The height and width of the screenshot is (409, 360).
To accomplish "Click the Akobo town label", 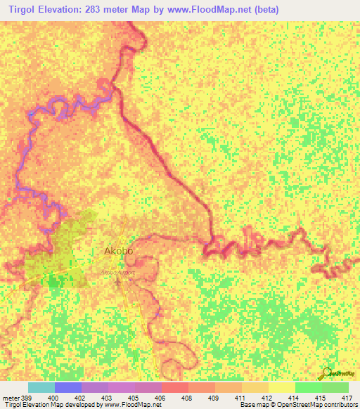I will tap(118, 250).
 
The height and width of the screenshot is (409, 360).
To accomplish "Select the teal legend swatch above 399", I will tap(41, 387).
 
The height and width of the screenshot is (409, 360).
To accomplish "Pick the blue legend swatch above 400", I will tap(67, 387).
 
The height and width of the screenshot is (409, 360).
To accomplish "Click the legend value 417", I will tap(347, 398).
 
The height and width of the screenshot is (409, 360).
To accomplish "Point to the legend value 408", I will tap(186, 398).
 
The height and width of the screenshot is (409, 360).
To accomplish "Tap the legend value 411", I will tap(239, 398).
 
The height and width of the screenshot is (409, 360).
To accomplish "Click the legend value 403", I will tap(105, 398).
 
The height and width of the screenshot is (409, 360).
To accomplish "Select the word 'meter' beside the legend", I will tap(11, 398).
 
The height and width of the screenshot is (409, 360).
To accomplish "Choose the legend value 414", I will tap(292, 398).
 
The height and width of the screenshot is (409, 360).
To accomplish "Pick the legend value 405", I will tap(132, 398).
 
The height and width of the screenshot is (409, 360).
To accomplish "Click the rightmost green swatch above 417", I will tap(335, 387).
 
